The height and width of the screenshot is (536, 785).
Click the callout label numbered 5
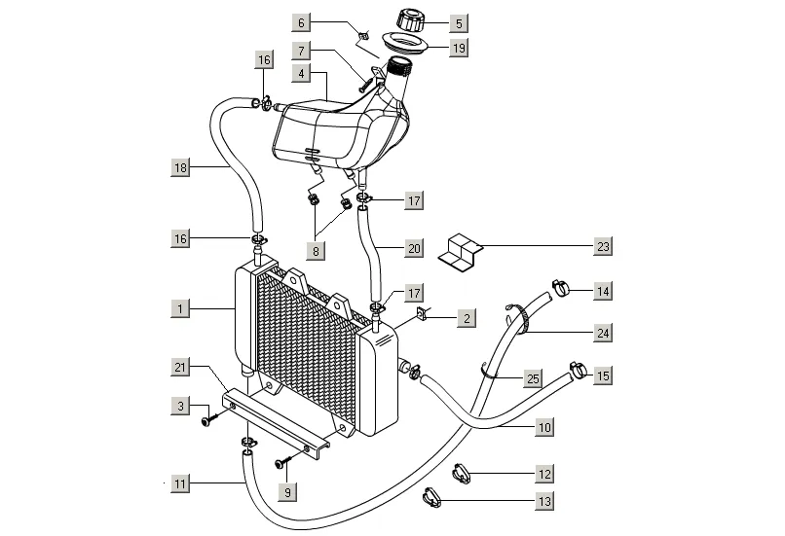click(459, 23)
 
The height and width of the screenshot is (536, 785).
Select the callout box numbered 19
click(459, 48)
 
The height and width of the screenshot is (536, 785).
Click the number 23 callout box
click(603, 246)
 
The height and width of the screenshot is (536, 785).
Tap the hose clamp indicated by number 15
click(579, 370)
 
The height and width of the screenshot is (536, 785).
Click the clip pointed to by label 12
click(462, 474)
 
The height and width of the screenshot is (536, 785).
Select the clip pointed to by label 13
click(432, 497)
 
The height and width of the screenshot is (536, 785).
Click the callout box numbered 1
click(180, 308)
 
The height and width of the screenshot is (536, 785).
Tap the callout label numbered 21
click(180, 368)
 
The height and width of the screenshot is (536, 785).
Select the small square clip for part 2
click(421, 314)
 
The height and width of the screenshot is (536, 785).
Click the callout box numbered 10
click(544, 427)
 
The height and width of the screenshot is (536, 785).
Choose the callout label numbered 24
click(603, 333)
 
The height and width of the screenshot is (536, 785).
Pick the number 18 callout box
click(180, 167)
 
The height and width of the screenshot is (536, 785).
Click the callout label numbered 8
click(316, 251)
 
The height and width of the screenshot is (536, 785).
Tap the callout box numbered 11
click(180, 483)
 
